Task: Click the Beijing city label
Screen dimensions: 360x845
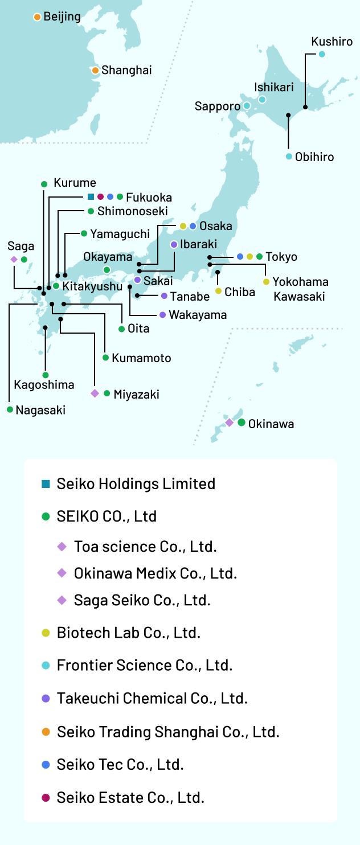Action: tap(62, 17)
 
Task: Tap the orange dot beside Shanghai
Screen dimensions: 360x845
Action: tap(95, 71)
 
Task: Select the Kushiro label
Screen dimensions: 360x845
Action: tap(332, 42)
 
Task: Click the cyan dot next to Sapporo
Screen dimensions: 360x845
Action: tap(247, 106)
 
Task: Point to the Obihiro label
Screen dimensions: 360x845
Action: tap(314, 157)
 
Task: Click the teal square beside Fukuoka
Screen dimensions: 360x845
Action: tap(91, 196)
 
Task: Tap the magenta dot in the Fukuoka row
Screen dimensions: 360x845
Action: tap(100, 196)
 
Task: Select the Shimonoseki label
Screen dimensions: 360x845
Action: tap(133, 211)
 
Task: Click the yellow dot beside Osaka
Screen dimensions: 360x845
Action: tap(183, 227)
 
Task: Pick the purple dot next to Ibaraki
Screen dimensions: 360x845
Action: tap(174, 244)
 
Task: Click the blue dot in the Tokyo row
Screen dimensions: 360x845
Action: tap(240, 256)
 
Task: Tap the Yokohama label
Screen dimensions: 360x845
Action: tap(300, 282)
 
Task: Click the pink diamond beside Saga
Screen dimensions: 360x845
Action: tap(14, 260)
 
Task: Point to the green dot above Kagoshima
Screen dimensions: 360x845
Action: tap(46, 375)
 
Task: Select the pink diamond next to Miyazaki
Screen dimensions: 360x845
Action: tap(95, 393)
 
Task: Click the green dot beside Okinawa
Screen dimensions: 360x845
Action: tap(242, 422)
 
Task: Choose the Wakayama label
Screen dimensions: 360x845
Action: tap(198, 315)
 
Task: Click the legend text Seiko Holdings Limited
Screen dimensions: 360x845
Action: tap(136, 484)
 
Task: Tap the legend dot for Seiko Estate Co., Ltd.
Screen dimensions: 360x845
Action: tap(46, 798)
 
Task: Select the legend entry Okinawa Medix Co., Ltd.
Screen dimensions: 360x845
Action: tap(156, 573)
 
